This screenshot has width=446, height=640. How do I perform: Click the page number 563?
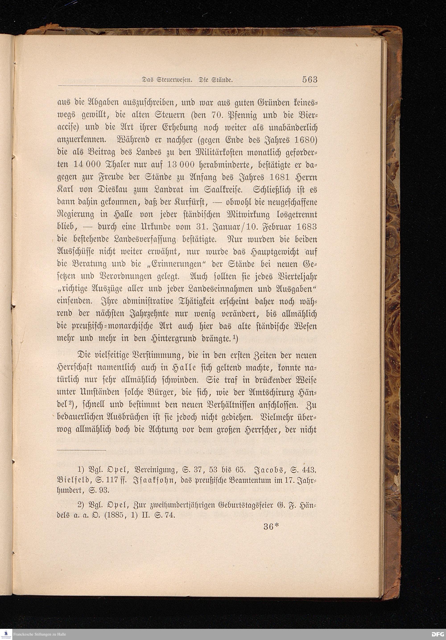[310, 80]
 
